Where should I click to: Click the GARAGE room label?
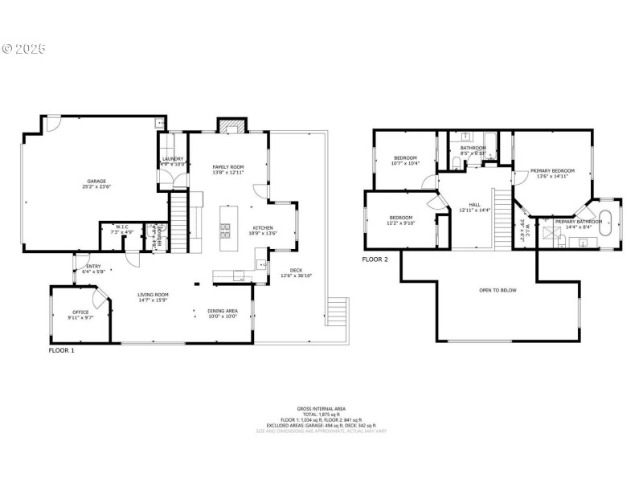point(96,182)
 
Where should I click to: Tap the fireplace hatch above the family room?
point(229,125)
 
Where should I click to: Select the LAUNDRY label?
point(173,159)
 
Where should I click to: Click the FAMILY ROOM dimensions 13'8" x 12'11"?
point(227,173)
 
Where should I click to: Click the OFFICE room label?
point(80,312)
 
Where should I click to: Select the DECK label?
point(285,270)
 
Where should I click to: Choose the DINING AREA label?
point(223,311)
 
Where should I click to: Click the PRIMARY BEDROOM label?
point(552,170)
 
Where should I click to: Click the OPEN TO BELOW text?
point(498,290)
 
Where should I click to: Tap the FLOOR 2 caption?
point(375,259)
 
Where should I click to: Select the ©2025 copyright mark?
point(24,49)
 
